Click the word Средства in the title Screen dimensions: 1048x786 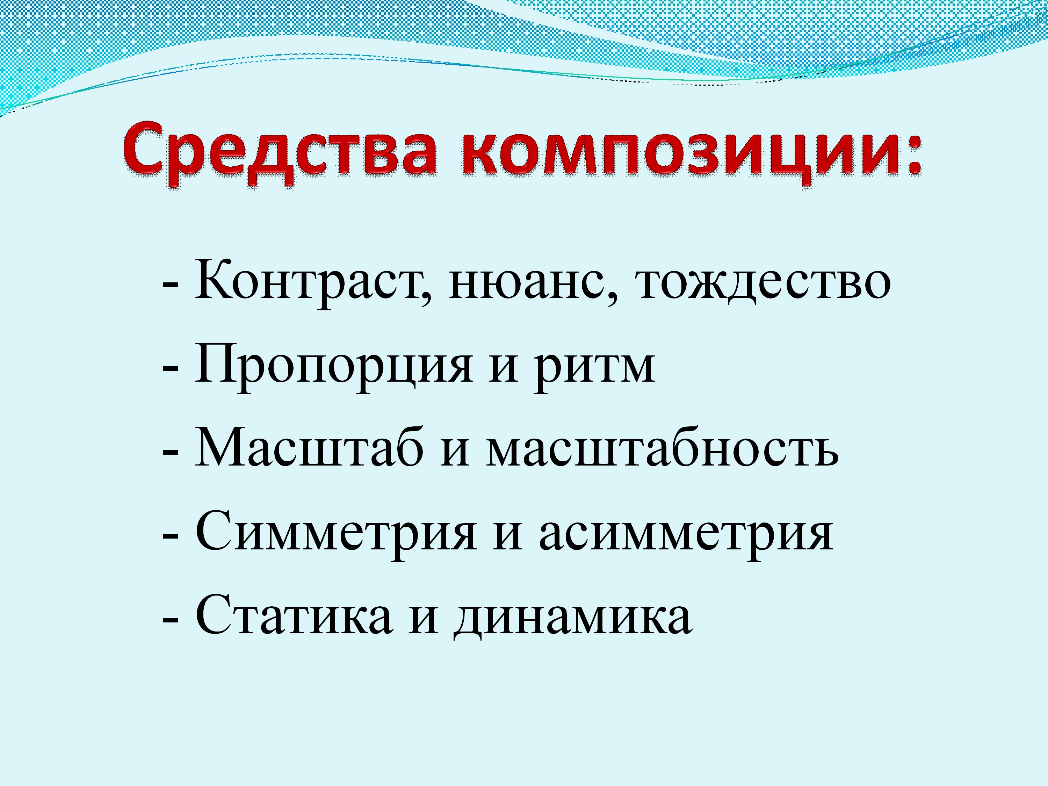coord(280,153)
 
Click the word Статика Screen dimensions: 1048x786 coord(294,615)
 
